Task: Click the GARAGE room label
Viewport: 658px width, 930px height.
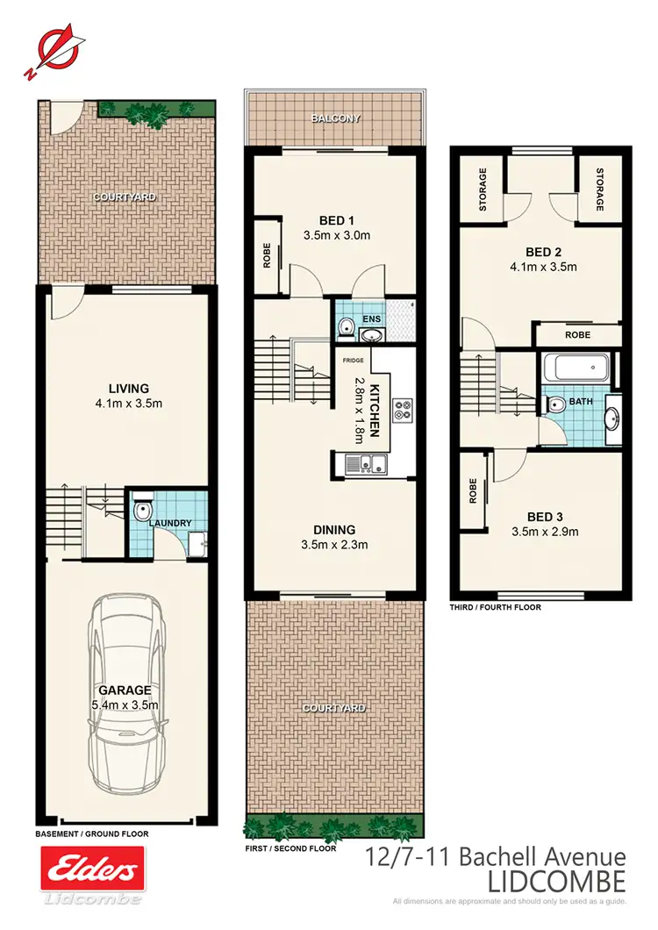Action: coord(125,690)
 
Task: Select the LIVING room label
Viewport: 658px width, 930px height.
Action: coord(128,388)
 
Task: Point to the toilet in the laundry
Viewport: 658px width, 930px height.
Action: coord(141,511)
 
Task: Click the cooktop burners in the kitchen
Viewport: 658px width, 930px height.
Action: coord(403,409)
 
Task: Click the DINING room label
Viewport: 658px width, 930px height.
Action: coord(335,529)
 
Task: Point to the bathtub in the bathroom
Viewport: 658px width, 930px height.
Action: coord(577,367)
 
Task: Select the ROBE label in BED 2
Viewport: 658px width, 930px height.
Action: coord(577,335)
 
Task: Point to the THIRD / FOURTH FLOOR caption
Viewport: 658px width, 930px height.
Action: coord(495,607)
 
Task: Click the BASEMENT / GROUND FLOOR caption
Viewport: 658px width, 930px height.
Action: coord(91,834)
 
